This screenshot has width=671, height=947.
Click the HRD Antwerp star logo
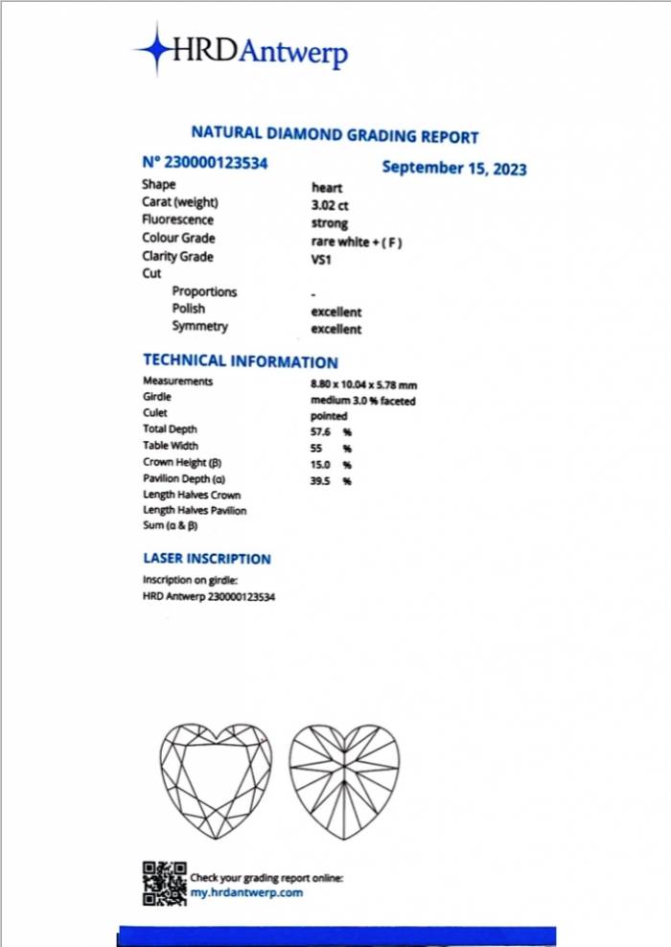(x=152, y=49)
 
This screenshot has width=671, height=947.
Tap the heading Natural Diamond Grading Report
(x=335, y=136)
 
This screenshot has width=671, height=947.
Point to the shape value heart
(x=326, y=188)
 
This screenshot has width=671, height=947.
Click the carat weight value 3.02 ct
(x=329, y=205)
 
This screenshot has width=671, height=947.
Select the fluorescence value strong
(x=330, y=223)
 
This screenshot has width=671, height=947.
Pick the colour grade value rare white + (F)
(x=357, y=242)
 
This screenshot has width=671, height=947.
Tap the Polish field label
(x=189, y=309)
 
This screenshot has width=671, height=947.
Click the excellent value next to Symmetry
(x=336, y=330)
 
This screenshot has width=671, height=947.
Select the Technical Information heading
(x=240, y=361)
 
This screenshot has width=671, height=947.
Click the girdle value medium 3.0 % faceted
(x=363, y=401)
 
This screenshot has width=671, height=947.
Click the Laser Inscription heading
(x=206, y=559)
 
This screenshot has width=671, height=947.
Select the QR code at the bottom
(x=164, y=884)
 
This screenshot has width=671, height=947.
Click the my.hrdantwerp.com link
(x=246, y=892)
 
